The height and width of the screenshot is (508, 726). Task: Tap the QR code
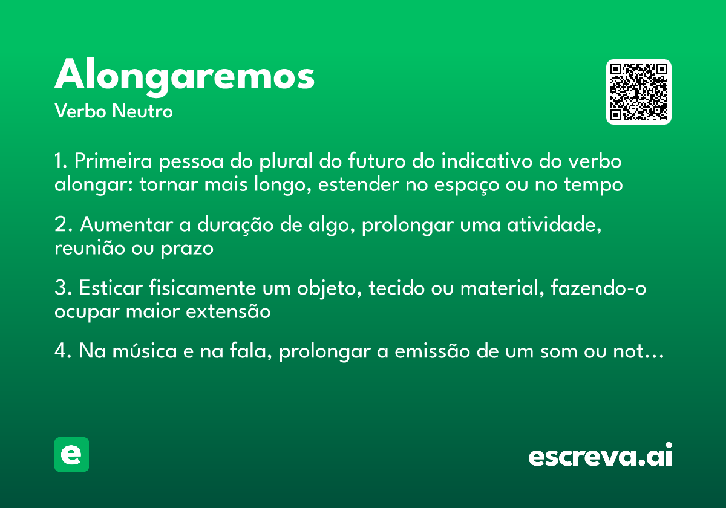point(638,92)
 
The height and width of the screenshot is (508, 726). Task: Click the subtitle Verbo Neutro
point(113,112)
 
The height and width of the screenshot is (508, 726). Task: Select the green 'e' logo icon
point(71,454)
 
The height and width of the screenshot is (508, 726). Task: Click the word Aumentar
point(125,226)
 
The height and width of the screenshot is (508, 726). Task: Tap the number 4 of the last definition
point(60,353)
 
